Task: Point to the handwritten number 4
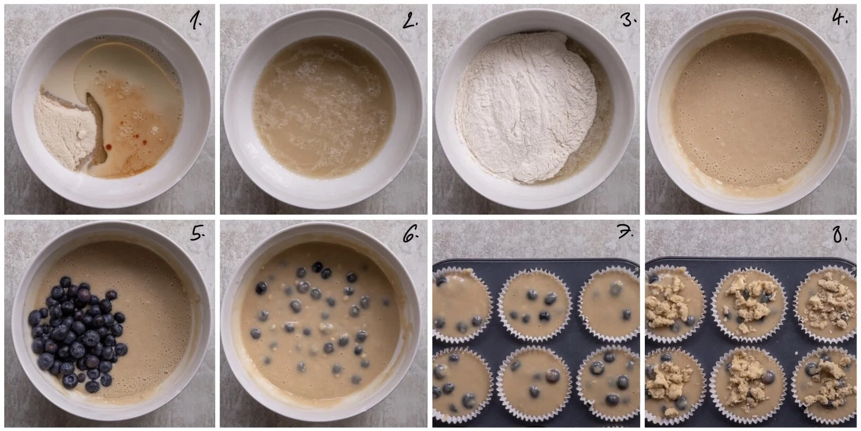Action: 840,19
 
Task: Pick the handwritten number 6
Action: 410,235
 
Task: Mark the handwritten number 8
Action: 840,235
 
